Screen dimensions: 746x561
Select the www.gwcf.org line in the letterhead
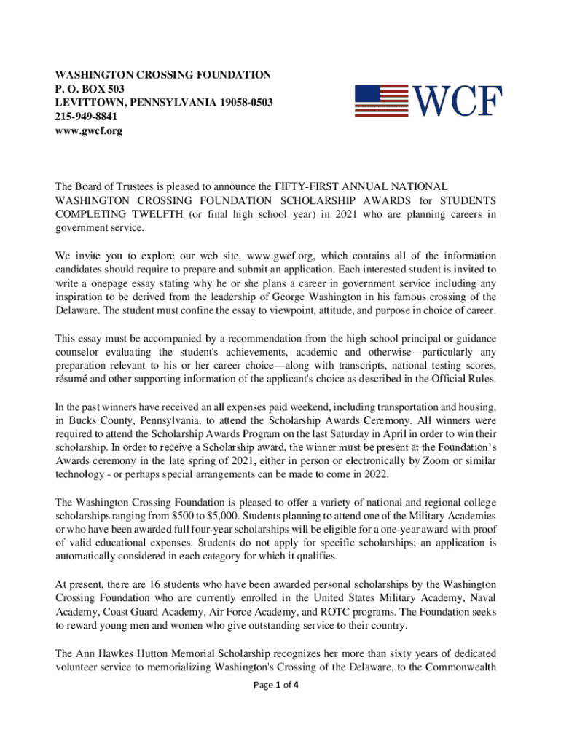82,130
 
